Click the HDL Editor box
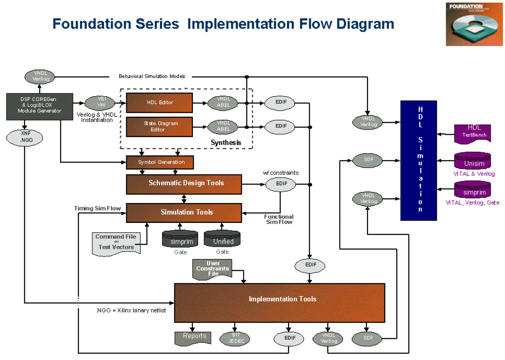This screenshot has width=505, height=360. [159, 103]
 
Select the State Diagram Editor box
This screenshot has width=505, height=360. [159, 127]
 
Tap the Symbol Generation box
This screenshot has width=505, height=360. [160, 162]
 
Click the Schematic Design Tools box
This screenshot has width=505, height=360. [184, 184]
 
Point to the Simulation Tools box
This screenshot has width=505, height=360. [184, 213]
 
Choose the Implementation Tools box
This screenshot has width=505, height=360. [280, 303]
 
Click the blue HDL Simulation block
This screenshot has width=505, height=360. [418, 160]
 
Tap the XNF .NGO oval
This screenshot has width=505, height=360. [25, 137]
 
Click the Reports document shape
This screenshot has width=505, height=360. [192, 337]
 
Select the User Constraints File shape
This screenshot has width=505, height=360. [212, 269]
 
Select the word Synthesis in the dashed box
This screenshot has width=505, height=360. [226, 142]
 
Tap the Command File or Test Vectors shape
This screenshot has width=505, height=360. [115, 243]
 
